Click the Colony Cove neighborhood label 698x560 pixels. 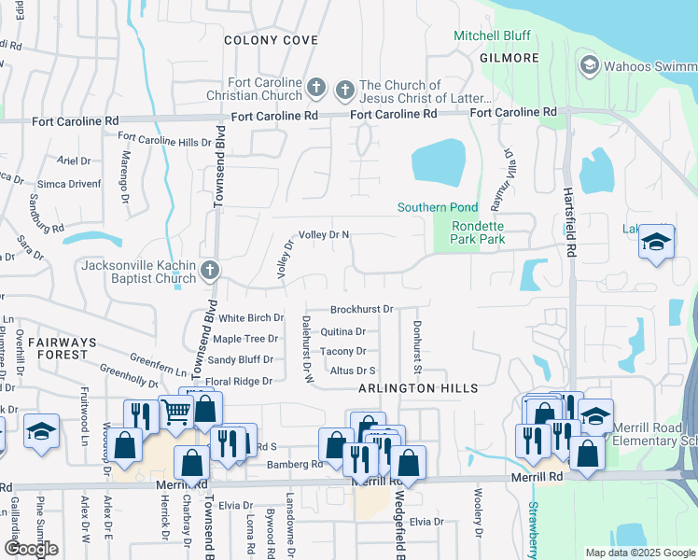pos(271,40)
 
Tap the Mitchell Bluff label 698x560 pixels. pos(492,35)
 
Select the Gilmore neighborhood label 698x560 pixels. pos(510,58)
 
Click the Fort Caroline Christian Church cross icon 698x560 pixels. pos(316,90)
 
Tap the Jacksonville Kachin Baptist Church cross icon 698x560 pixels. pos(210,272)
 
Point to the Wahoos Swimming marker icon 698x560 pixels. pos(589,65)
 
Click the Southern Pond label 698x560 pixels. pos(437,207)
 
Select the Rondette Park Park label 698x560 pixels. pos(478,232)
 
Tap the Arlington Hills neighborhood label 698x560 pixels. pos(418,388)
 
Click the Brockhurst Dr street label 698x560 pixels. pos(362,309)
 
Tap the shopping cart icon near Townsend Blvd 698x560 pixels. pos(175,411)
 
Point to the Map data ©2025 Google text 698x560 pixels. pos(638,553)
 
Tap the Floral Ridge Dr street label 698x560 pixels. pos(238,382)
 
